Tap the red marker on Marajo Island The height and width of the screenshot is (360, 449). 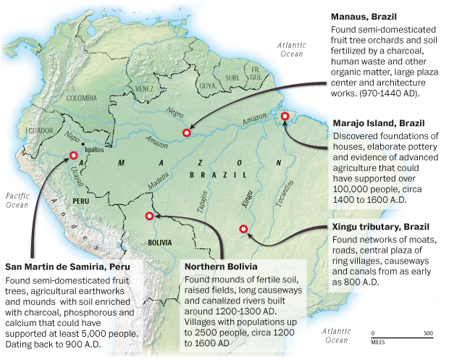[285, 116]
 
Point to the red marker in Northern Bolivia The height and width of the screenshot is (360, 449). [149, 215]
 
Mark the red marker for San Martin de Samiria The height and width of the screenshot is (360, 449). [73, 154]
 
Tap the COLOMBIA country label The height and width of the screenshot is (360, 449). [81, 97]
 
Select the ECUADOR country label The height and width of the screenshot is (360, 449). [39, 130]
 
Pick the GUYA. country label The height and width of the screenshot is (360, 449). [208, 85]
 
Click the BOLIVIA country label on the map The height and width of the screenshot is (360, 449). [159, 243]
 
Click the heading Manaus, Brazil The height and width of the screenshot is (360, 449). [361, 14]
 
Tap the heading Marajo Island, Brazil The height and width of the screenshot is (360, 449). [378, 123]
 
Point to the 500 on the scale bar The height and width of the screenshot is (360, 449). [427, 334]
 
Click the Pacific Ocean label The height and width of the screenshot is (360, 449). [17, 200]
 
